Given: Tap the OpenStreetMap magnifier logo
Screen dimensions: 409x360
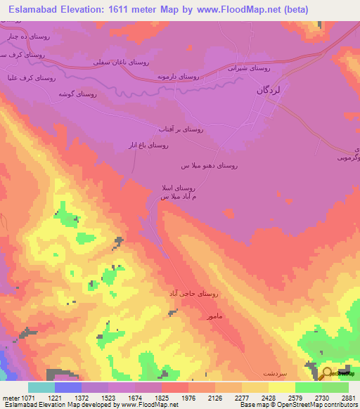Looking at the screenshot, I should pos(326,372).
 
